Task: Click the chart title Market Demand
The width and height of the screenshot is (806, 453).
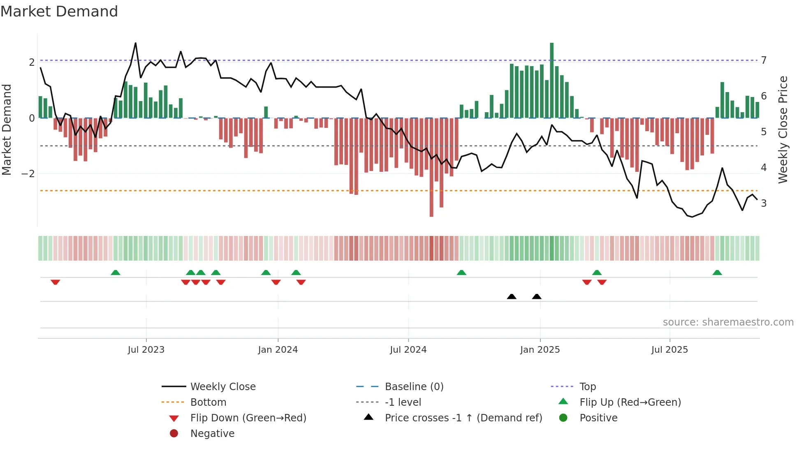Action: click(59, 12)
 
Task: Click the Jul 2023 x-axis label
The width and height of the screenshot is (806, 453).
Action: click(146, 350)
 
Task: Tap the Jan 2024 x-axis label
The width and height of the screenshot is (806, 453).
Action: click(278, 350)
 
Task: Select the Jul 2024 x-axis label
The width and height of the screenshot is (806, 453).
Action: click(408, 350)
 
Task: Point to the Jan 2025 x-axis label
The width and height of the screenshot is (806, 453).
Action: click(540, 350)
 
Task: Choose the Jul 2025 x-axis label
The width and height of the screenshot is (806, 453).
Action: click(669, 350)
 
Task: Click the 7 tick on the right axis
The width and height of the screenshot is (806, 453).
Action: click(764, 60)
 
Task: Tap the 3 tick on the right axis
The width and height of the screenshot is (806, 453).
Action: click(764, 203)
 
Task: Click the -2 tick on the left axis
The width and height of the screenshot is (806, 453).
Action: click(28, 174)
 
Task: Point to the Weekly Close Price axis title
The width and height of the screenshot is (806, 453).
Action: click(783, 129)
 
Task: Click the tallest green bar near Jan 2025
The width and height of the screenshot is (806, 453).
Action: click(552, 80)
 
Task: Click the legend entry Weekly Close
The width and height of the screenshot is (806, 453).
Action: click(222, 387)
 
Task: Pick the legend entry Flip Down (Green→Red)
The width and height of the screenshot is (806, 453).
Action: click(248, 418)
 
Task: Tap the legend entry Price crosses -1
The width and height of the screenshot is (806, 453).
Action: click(463, 418)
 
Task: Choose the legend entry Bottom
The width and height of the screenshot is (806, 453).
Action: click(208, 402)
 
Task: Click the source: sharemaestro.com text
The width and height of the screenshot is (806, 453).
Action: click(728, 322)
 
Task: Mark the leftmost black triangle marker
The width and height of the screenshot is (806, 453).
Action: click(512, 297)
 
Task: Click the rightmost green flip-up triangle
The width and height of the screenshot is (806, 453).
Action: click(717, 273)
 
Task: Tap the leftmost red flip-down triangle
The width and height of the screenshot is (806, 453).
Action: click(56, 282)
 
